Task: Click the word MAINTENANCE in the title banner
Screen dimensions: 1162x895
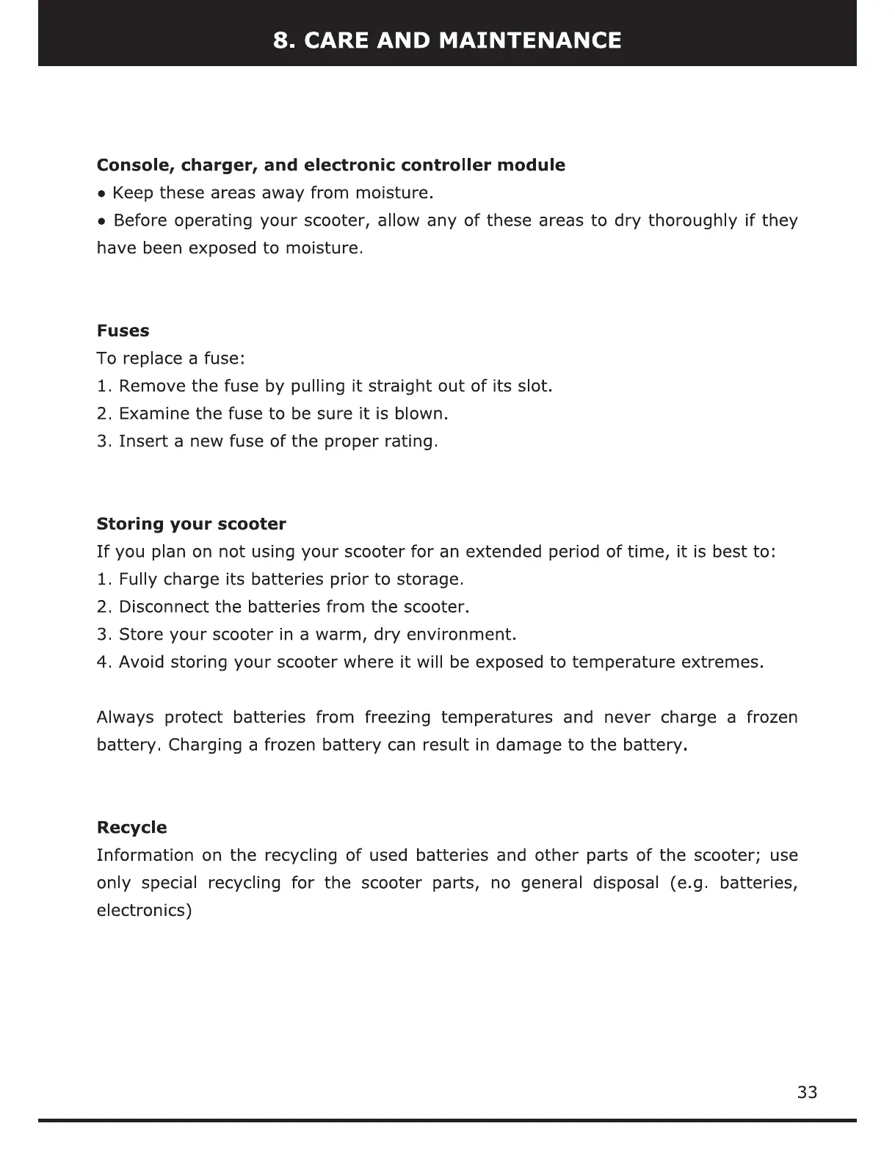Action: pos(529,40)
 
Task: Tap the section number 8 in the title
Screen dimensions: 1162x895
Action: pos(280,40)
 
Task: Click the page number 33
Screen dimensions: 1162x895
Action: pos(807,1092)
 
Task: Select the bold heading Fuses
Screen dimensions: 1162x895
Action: pos(123,331)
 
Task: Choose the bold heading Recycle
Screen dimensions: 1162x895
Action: pos(131,827)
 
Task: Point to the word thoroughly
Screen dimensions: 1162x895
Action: pos(692,220)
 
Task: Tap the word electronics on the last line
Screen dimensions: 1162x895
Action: pos(143,911)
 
